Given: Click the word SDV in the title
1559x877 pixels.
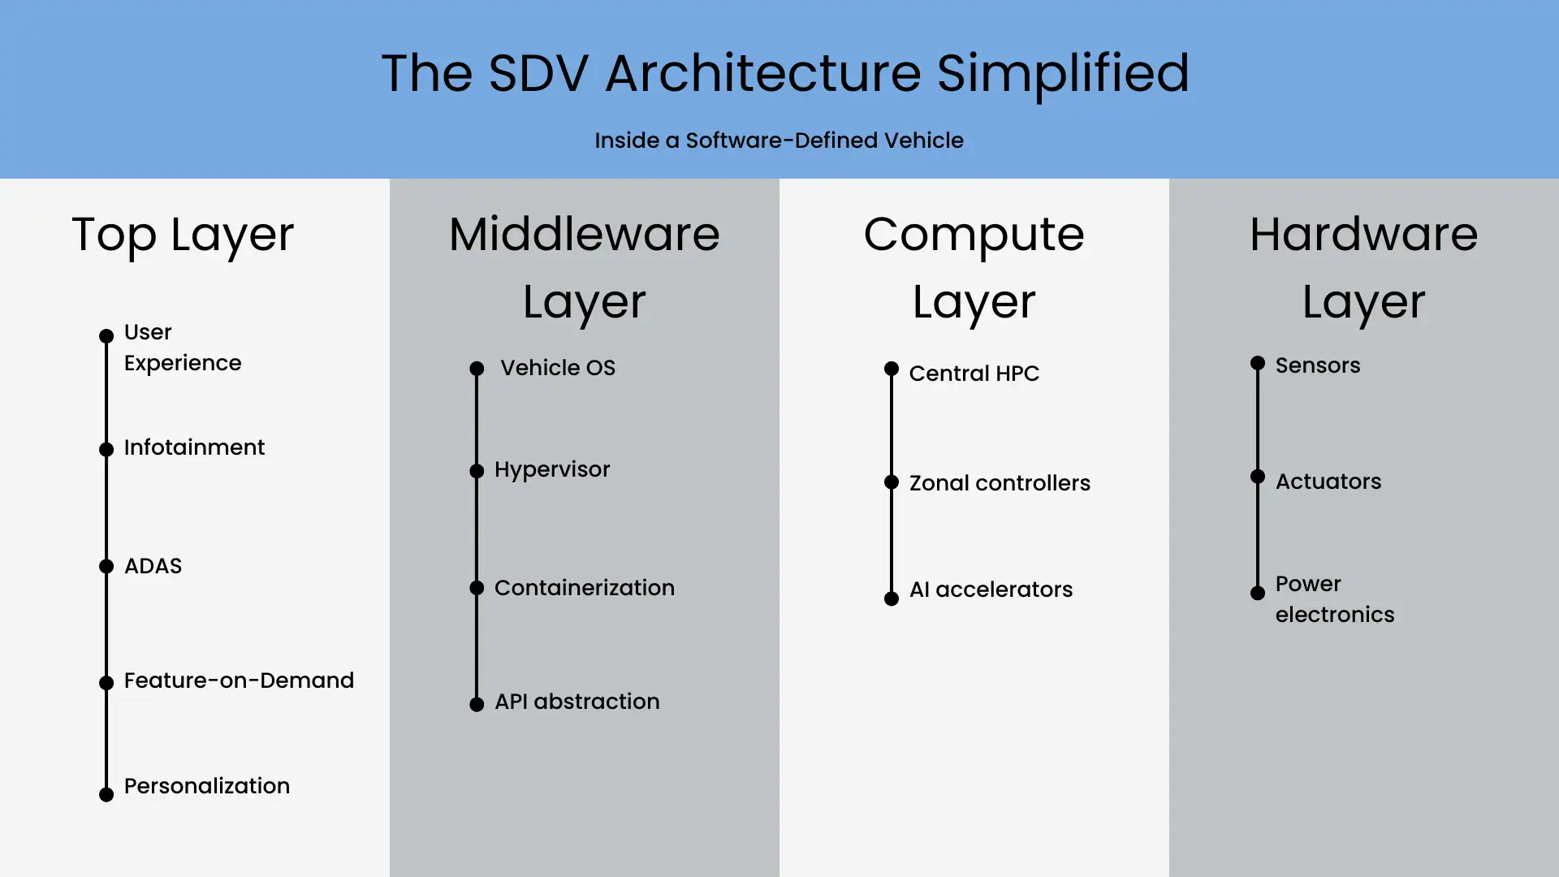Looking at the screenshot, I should (x=538, y=73).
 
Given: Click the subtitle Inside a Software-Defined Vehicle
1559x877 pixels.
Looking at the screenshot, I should (x=779, y=140).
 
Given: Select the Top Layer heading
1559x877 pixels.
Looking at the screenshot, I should (x=183, y=235).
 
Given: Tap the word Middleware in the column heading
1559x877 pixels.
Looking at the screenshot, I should (x=584, y=235).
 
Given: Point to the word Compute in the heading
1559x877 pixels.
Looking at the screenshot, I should (x=974, y=235).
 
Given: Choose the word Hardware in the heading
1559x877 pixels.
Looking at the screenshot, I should (x=1363, y=235).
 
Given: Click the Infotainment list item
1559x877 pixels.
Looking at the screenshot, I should (x=194, y=447).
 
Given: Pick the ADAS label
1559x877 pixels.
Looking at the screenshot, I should (x=153, y=566).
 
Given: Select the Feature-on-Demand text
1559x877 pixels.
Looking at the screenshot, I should (x=239, y=680).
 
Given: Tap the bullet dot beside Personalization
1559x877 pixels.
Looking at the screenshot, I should (x=106, y=794).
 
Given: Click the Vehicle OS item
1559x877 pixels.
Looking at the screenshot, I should (x=558, y=368).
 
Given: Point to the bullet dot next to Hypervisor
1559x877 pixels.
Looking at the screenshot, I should (x=477, y=471).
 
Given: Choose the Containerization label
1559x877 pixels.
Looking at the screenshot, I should (x=584, y=588).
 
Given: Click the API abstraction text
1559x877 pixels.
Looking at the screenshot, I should (x=577, y=702).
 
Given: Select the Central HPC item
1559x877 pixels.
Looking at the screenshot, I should (x=974, y=374).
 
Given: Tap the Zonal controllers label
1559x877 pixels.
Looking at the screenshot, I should (x=999, y=483).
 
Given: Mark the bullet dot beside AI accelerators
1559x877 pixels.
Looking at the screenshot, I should (x=892, y=598).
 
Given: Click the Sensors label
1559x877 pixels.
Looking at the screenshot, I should (x=1317, y=365).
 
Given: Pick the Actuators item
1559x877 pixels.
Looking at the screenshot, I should (x=1328, y=482).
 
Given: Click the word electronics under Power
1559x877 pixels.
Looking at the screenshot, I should (x=1334, y=615).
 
